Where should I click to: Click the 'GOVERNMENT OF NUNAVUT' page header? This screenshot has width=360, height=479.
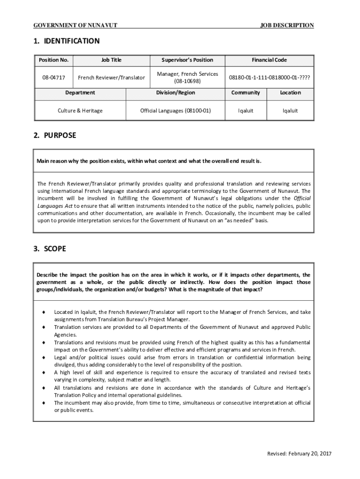75,25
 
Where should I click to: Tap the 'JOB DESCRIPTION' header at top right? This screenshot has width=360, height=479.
287,25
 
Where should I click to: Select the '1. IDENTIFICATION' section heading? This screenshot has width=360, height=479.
66,41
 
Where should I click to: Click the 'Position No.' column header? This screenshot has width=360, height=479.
54,60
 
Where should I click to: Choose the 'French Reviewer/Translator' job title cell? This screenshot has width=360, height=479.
111,77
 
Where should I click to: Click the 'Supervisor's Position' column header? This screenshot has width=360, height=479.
187,60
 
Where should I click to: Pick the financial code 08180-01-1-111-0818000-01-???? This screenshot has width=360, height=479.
269,77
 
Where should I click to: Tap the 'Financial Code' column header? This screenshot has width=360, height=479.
269,60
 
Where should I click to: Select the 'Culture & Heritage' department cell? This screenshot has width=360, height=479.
80,111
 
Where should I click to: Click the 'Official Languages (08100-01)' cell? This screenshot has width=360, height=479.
176,111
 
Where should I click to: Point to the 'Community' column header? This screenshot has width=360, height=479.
245,93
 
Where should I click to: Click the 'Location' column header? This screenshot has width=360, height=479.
290,93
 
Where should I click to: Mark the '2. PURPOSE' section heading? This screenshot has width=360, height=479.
54,136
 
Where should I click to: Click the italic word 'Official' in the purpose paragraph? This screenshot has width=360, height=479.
302,198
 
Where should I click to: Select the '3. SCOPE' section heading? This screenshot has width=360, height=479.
50,249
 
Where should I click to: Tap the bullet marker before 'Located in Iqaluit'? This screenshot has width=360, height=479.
43,312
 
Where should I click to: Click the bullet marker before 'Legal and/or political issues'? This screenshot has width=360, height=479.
43,357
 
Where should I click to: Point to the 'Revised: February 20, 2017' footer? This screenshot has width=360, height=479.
299,454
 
